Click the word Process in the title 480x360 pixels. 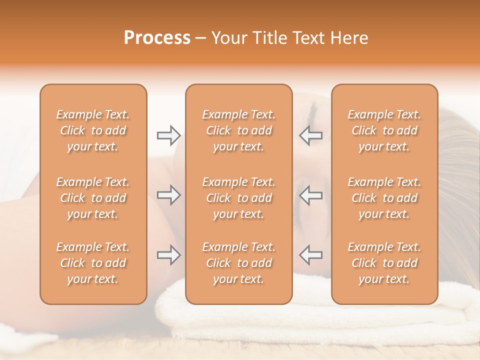(x=157, y=38)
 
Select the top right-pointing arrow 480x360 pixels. (x=168, y=135)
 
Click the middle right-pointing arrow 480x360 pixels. (x=168, y=195)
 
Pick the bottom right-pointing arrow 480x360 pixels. (x=168, y=255)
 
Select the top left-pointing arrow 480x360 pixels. (x=311, y=135)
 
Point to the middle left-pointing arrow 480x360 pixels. (x=311, y=195)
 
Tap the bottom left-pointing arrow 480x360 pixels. (x=311, y=255)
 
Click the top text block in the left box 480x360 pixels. (x=93, y=130)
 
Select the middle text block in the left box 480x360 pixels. (x=93, y=198)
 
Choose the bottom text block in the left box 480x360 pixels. (x=93, y=263)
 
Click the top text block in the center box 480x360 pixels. (x=239, y=130)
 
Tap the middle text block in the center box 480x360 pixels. (x=239, y=198)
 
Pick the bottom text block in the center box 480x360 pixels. (x=239, y=263)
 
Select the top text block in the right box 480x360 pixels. (x=384, y=130)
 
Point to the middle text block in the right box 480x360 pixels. (x=384, y=198)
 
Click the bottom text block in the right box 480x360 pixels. (x=384, y=263)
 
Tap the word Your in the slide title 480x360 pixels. (x=228, y=38)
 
